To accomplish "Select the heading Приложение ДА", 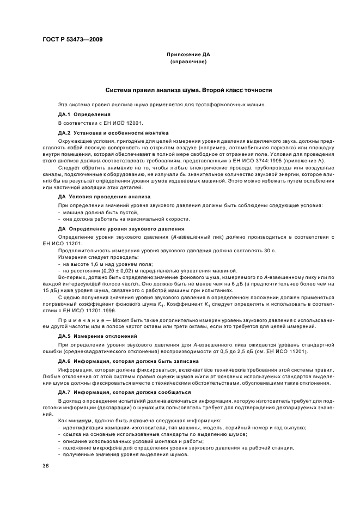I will pos(188,55).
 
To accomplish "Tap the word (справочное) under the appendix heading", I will pos(188,62).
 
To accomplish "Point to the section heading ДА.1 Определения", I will pos(84,114).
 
